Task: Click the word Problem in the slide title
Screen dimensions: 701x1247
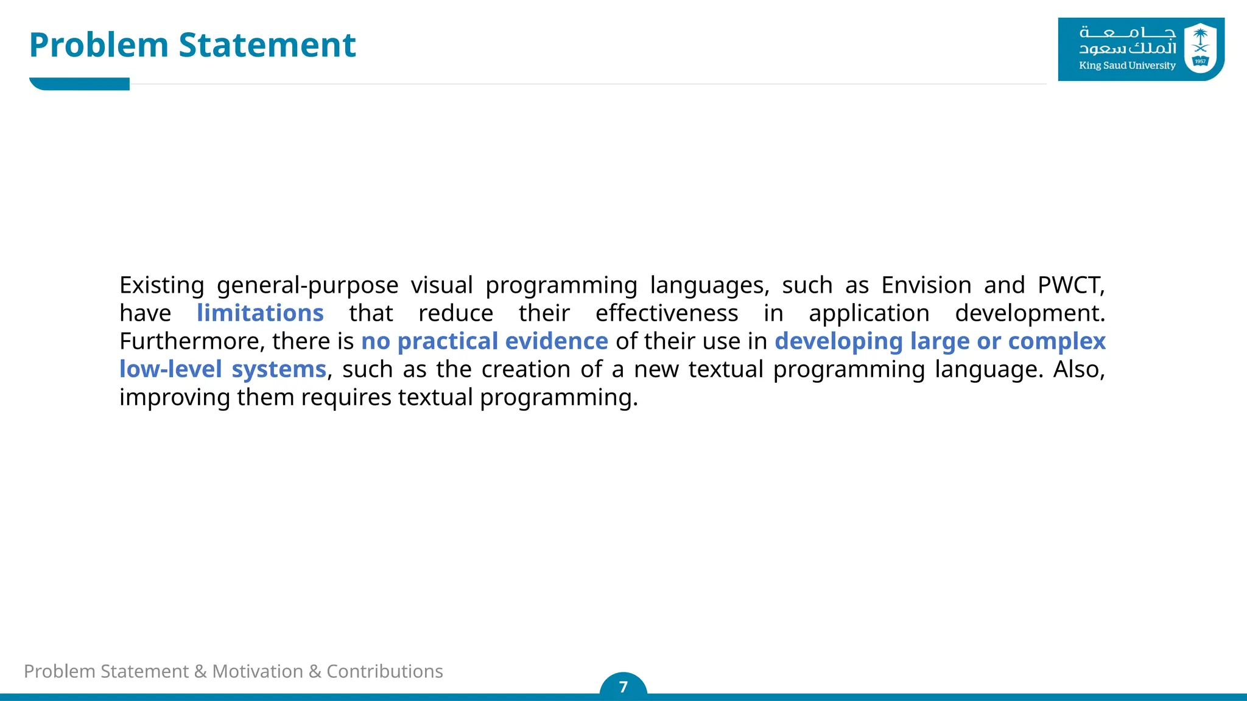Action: (99, 46)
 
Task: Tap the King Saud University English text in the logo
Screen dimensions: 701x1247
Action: (1127, 66)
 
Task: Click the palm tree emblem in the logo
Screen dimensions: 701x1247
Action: (1200, 43)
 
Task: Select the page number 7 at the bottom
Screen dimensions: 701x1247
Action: (623, 687)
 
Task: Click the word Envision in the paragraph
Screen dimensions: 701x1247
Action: (926, 285)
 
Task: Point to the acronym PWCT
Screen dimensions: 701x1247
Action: (1071, 285)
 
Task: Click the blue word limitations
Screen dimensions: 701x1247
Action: (260, 313)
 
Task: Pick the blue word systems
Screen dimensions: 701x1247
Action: (279, 369)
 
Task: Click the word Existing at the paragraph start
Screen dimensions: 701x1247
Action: (161, 285)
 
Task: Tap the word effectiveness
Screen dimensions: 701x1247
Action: (667, 313)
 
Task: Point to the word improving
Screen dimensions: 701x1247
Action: (174, 398)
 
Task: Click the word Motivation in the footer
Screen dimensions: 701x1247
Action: (258, 671)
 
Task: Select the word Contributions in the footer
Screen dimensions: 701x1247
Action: (385, 671)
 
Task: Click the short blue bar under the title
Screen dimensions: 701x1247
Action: (80, 84)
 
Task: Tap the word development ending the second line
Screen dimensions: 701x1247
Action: (1029, 313)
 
